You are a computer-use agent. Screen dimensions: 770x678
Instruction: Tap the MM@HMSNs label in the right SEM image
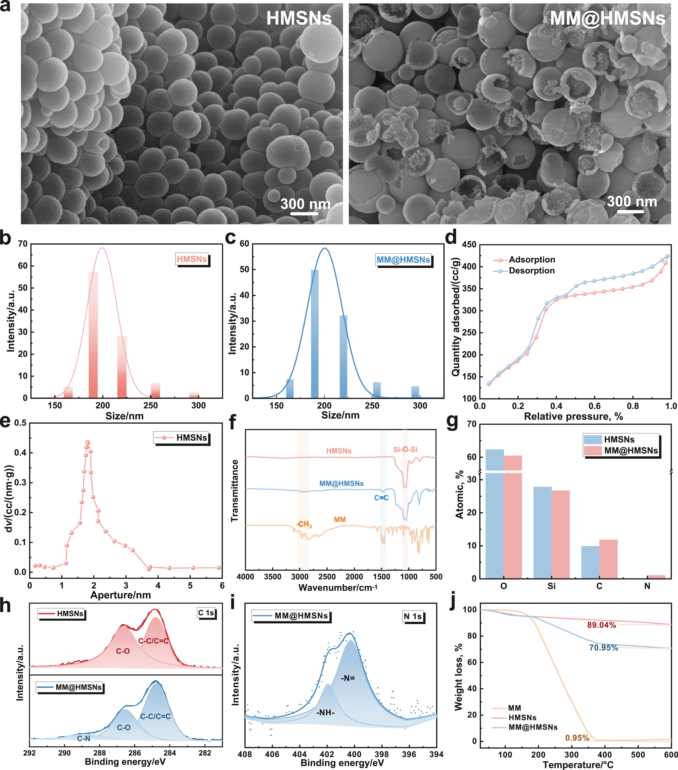pyautogui.click(x=607, y=18)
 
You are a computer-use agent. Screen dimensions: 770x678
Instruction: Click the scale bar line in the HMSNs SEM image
pyautogui.click(x=304, y=214)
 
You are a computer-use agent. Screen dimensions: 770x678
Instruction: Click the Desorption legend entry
pyautogui.click(x=531, y=270)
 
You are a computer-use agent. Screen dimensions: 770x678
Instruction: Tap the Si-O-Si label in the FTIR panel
pyautogui.click(x=405, y=449)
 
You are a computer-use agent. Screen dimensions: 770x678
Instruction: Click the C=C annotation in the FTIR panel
pyautogui.click(x=381, y=498)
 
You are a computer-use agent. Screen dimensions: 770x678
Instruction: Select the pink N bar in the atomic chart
pyautogui.click(x=656, y=577)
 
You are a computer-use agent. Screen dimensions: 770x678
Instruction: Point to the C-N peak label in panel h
pyautogui.click(x=84, y=739)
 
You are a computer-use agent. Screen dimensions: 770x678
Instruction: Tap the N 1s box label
pyautogui.click(x=413, y=616)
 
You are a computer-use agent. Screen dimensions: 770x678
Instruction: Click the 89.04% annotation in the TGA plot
pyautogui.click(x=601, y=625)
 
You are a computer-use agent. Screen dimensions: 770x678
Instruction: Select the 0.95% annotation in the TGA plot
pyautogui.click(x=577, y=738)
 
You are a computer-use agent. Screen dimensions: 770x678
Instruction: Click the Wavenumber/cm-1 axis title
pyautogui.click(x=338, y=588)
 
